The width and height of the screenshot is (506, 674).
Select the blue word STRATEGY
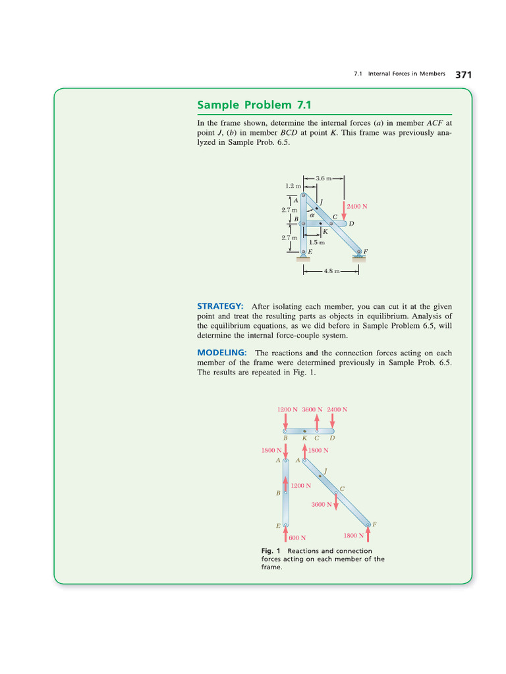(220, 306)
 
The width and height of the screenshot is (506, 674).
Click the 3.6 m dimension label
(323, 178)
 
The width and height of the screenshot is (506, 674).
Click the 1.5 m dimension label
(317, 242)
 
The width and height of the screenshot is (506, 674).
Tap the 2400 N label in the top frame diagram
(356, 206)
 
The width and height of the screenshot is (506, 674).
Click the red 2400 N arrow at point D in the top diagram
(343, 210)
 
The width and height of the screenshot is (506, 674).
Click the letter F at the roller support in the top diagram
(366, 251)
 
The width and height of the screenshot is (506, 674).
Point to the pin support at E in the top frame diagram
(303, 253)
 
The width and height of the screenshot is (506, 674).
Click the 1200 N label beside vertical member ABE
(301, 485)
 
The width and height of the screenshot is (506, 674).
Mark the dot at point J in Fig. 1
(320, 475)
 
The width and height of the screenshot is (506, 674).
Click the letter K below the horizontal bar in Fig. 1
(304, 438)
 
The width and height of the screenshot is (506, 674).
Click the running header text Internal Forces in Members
(407, 74)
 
